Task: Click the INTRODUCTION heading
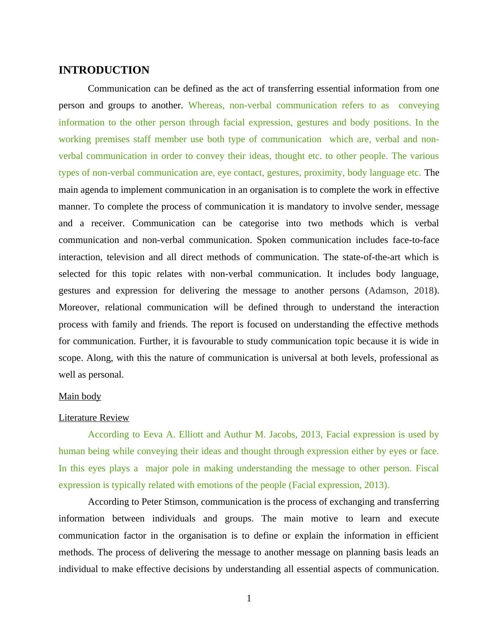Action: [104, 70]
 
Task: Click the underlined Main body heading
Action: [80, 396]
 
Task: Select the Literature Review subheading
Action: [94, 418]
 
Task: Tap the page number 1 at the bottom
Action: [249, 599]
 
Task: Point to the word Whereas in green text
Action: [206, 105]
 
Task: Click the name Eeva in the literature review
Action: [153, 434]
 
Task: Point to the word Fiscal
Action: [427, 468]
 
